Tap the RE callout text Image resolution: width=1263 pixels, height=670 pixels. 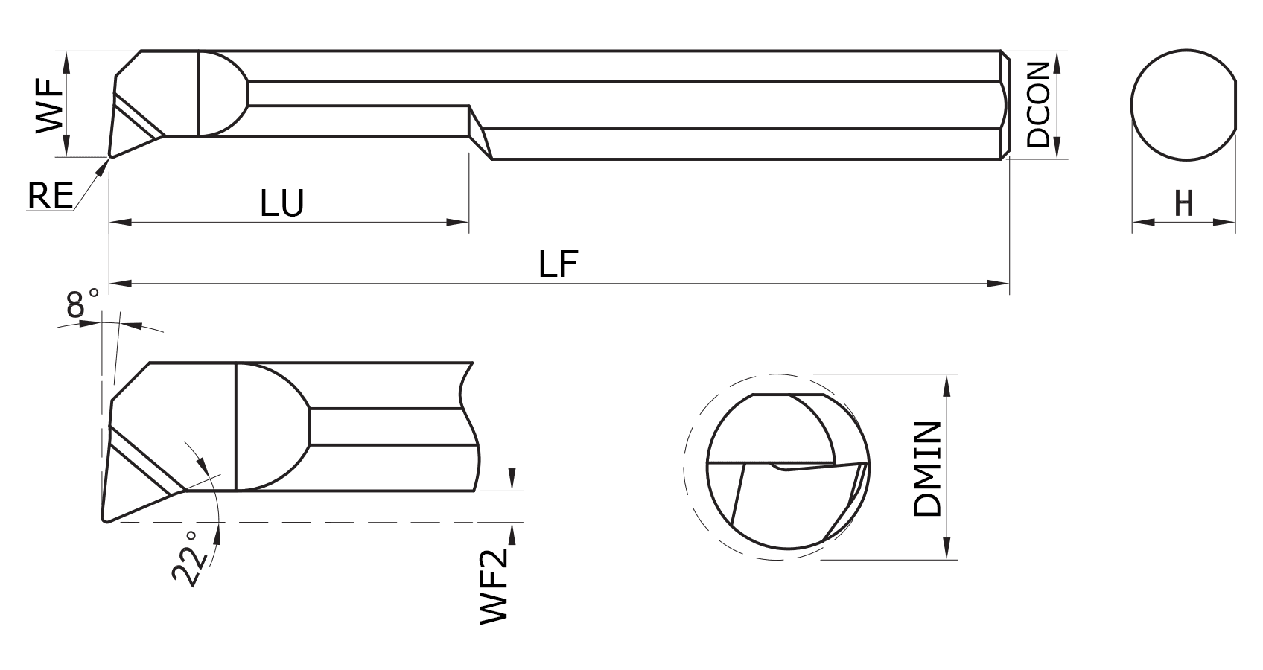coord(50,197)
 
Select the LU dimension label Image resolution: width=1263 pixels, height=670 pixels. coord(282,202)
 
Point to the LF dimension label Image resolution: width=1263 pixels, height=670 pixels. coord(559,264)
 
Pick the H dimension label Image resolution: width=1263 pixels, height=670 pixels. coord(1183,203)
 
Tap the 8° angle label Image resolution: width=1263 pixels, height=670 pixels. coord(82,304)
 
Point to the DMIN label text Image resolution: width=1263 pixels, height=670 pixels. coord(928,469)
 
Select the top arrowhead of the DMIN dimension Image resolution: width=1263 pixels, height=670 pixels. coord(947,384)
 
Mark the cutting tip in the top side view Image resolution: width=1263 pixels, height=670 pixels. coord(111,156)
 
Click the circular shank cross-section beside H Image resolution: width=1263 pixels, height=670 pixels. coord(1183,104)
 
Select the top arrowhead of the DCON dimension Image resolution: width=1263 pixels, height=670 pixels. coord(1058,62)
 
